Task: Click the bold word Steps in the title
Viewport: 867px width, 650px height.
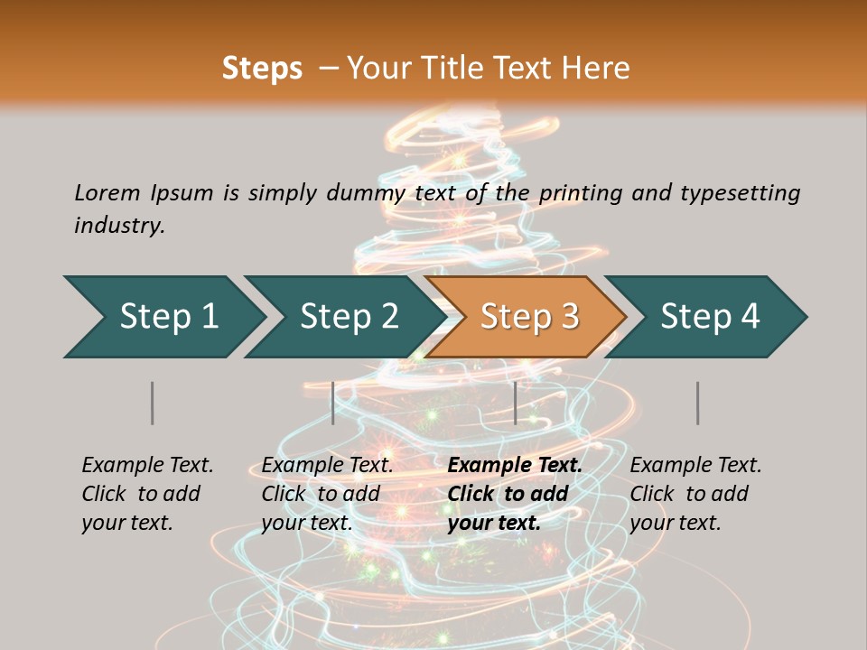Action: (x=262, y=69)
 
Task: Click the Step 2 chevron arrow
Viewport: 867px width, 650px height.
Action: (x=347, y=317)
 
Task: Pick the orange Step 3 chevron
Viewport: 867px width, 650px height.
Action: (x=527, y=317)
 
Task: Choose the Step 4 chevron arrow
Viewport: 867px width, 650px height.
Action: (x=708, y=317)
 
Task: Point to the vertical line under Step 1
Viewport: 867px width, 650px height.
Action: (x=153, y=403)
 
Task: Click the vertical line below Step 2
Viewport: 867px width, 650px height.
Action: (x=333, y=403)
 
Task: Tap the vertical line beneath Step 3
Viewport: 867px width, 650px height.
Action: (x=516, y=403)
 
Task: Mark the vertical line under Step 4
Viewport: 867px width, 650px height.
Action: (x=698, y=403)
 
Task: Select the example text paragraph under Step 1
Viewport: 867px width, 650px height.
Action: (x=147, y=494)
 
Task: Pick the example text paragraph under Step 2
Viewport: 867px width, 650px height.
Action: (x=327, y=494)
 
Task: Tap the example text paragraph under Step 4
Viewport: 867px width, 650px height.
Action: (x=695, y=494)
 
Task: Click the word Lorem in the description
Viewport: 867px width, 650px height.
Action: (x=107, y=192)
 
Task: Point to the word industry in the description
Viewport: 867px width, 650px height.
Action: (x=119, y=226)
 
